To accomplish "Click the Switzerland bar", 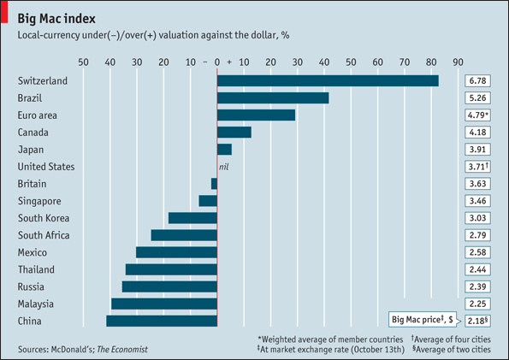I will (x=328, y=80).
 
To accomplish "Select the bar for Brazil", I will (x=273, y=97).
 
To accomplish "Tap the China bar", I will (x=162, y=321).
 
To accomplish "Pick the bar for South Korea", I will (x=192, y=218).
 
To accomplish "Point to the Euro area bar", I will (x=256, y=115).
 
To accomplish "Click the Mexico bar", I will (x=176, y=252).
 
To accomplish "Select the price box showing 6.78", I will (x=476, y=80).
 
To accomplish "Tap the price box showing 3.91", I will (x=476, y=149).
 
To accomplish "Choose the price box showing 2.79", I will (x=476, y=235).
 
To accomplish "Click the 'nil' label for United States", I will (x=225, y=167).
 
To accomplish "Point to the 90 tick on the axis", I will (x=458, y=62).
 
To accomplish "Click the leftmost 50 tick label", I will (x=83, y=62).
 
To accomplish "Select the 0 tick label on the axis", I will (x=217, y=62).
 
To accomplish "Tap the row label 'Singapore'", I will (x=39, y=201).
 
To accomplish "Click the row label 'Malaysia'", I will (x=36, y=304).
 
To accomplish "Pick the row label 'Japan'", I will (x=31, y=149).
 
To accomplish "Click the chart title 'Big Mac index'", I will (x=56, y=18).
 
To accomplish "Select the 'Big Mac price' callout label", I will (x=423, y=319).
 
